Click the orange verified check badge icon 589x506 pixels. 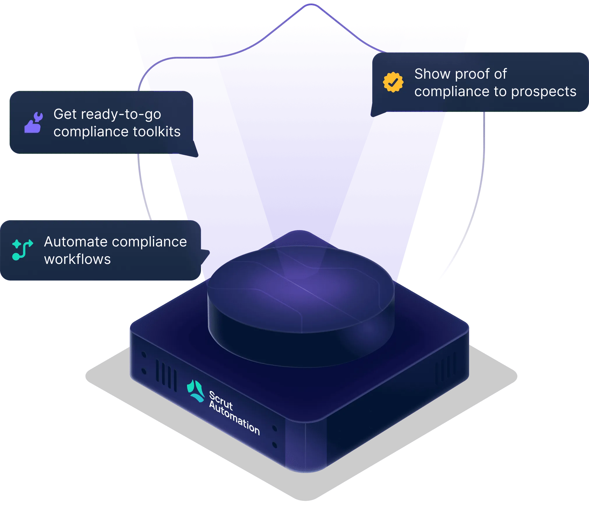(393, 82)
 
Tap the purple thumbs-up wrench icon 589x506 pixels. (33, 123)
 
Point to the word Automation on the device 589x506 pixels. (234, 418)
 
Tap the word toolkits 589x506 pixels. (157, 132)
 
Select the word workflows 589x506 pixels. (77, 259)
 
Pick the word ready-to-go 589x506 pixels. (121, 114)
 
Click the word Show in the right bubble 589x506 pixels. (432, 74)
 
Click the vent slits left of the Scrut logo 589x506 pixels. (166, 375)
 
